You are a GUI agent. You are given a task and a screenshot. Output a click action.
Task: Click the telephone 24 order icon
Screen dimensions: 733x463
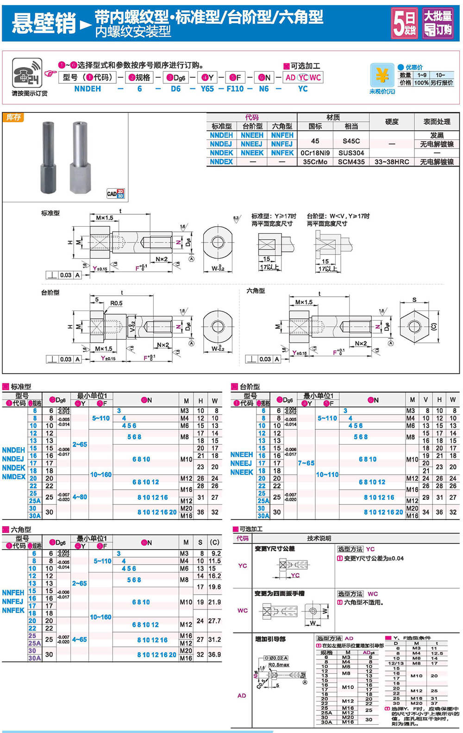pos(27,73)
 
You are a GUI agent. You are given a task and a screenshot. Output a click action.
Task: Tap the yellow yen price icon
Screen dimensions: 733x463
pos(382,75)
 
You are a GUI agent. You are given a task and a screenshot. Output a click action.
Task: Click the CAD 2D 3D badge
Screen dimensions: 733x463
pos(115,193)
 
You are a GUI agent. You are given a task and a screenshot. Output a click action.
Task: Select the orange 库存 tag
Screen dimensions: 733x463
pos(13,118)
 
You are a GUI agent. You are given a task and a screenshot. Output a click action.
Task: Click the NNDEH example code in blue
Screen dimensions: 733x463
pos(88,89)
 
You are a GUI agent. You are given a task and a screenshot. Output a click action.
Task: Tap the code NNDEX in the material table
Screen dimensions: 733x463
pos(221,162)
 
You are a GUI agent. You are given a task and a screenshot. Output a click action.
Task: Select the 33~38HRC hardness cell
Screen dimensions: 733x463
pos(392,162)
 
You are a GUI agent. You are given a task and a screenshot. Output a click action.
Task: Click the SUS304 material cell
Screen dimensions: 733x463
pos(351,153)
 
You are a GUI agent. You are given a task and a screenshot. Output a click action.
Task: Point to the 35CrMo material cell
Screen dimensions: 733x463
pos(315,162)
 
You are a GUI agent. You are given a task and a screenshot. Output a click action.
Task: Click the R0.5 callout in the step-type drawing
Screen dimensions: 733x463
pos(116,304)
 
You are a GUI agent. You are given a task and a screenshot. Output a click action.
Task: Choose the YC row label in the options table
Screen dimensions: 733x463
pos(242,565)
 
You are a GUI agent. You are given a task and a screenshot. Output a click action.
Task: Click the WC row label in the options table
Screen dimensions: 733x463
pos(242,610)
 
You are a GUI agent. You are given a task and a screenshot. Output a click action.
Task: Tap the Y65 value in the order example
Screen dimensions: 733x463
pos(207,89)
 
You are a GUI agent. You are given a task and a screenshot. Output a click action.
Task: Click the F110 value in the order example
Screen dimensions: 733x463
pos(235,89)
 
